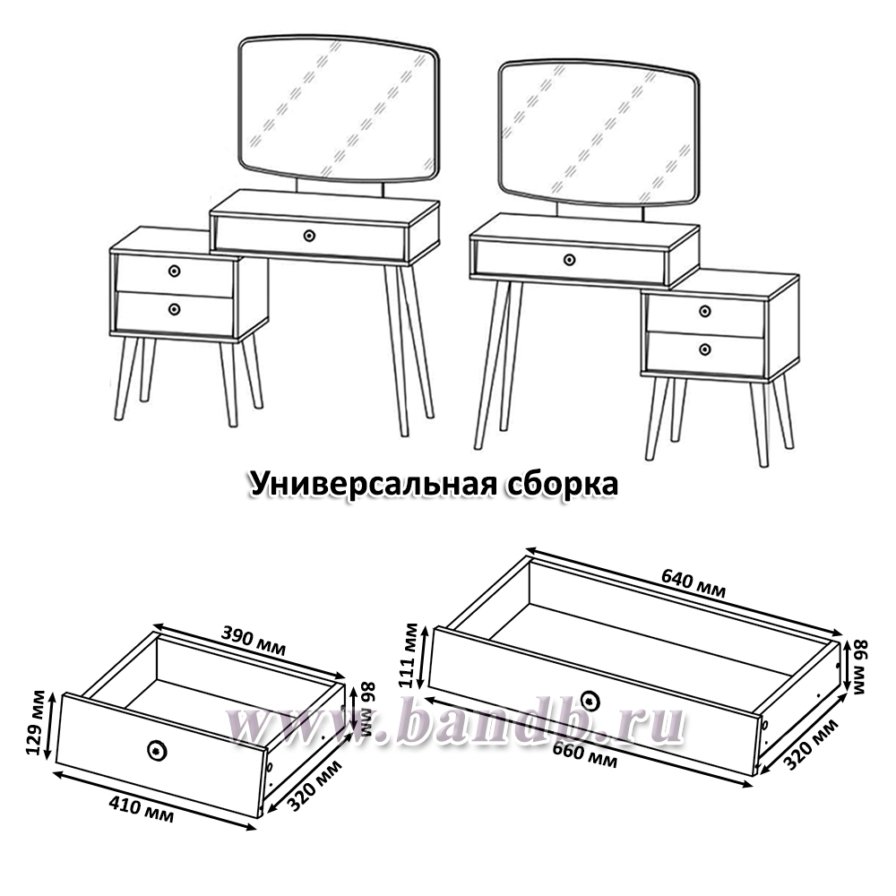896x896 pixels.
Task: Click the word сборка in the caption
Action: click(x=563, y=484)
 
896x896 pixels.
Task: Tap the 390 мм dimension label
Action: click(x=254, y=642)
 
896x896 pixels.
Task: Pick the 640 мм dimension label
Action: click(x=694, y=583)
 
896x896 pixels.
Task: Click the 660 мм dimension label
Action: click(x=584, y=754)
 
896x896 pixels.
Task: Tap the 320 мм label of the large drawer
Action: click(x=811, y=744)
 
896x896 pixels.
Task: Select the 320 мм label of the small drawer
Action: click(x=314, y=786)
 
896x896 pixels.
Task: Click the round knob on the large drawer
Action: click(x=590, y=700)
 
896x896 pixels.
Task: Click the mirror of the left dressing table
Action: click(x=340, y=109)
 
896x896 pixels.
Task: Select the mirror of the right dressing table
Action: click(x=599, y=133)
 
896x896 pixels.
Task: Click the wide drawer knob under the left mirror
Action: click(x=309, y=236)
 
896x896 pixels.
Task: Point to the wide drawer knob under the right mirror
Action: click(x=569, y=260)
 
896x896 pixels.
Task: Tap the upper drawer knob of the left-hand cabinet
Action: click(x=175, y=271)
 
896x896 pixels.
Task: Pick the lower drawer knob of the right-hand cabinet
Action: click(x=705, y=349)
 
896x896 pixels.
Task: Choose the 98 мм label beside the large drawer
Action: click(x=860, y=667)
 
